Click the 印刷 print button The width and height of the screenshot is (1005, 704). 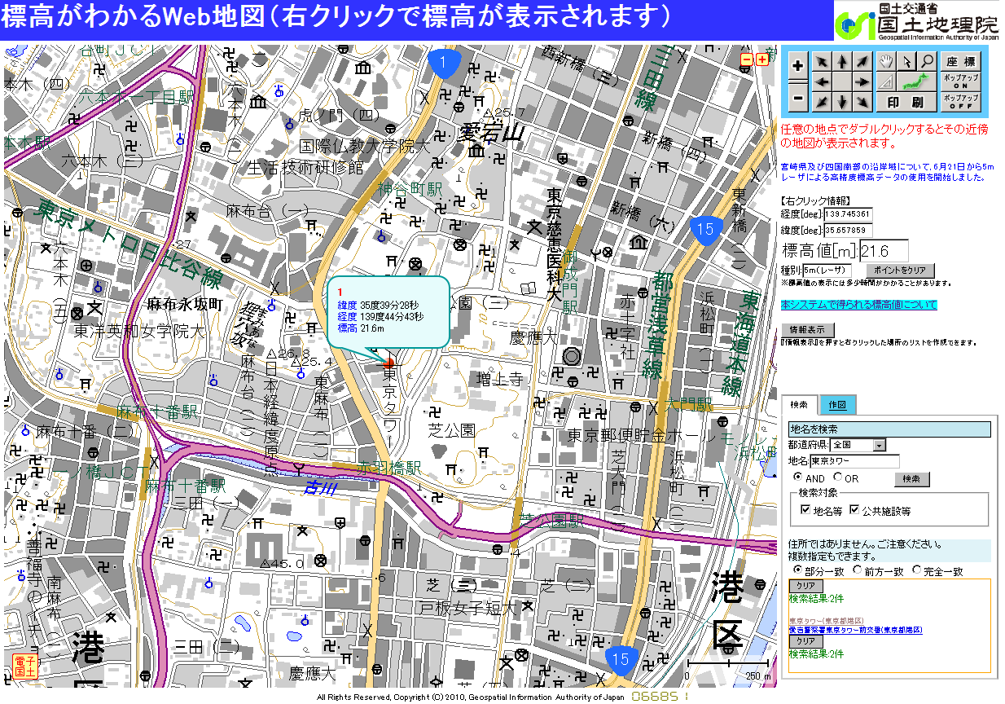[x=905, y=102]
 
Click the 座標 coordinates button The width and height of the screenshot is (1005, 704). [x=960, y=62]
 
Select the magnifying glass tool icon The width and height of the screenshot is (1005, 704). [x=927, y=62]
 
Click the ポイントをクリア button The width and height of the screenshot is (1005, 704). [x=900, y=270]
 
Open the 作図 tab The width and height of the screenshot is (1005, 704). [x=838, y=405]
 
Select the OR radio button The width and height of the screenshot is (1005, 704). [x=837, y=478]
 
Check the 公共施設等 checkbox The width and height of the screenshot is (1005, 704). [x=854, y=510]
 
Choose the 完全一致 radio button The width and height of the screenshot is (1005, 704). [x=916, y=570]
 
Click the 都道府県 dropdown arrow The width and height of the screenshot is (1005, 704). [x=879, y=445]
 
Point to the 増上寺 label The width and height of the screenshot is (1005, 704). [x=498, y=378]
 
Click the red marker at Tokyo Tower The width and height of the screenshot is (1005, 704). [x=388, y=363]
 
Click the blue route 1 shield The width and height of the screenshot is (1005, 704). [x=442, y=64]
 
